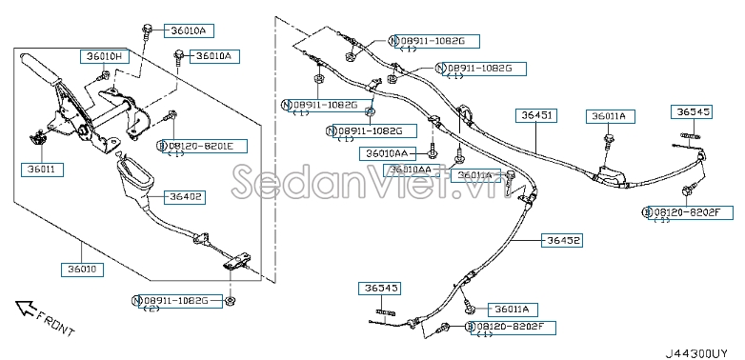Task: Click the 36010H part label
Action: [102, 56]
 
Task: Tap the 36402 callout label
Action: [186, 197]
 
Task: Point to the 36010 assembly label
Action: [83, 270]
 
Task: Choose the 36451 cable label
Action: [535, 115]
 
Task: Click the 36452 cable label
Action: [562, 240]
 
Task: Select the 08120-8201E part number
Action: [208, 145]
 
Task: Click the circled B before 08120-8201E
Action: [163, 145]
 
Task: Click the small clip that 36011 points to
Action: [41, 140]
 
